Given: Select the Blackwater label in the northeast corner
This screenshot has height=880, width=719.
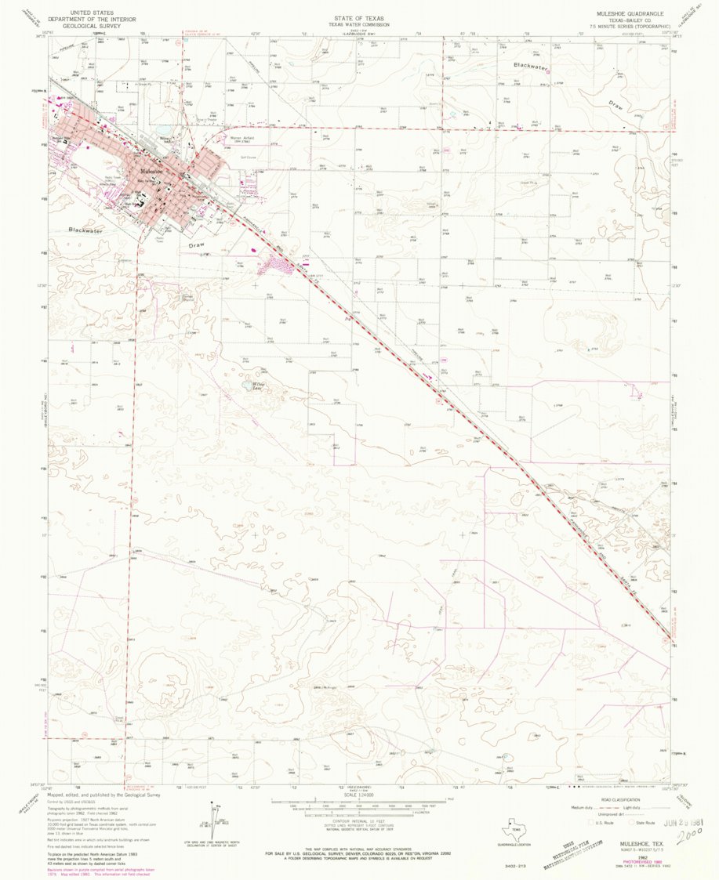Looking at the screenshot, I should pos(532,67).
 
